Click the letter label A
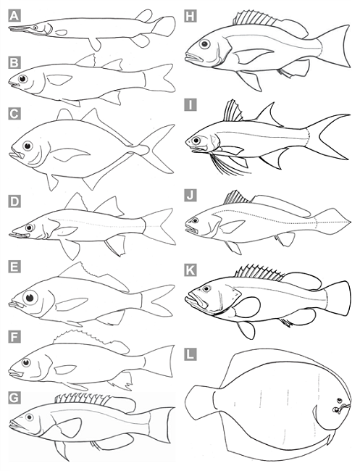pyautogui.click(x=14, y=16)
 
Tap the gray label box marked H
pyautogui.click(x=191, y=16)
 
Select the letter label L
pyautogui.click(x=191, y=354)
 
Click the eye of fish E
pyautogui.click(x=30, y=298)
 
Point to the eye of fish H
pyautogui.click(x=205, y=44)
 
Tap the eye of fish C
pyautogui.click(x=28, y=146)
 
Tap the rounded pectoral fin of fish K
pyautogui.click(x=248, y=307)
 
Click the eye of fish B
pyautogui.click(x=22, y=79)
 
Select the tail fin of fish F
pyautogui.click(x=159, y=361)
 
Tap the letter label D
pyautogui.click(x=14, y=201)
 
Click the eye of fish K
pyautogui.click(x=206, y=288)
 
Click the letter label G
pyautogui.click(x=14, y=398)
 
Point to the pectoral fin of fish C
pyautogui.click(x=71, y=154)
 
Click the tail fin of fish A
pyautogui.click(x=164, y=26)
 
